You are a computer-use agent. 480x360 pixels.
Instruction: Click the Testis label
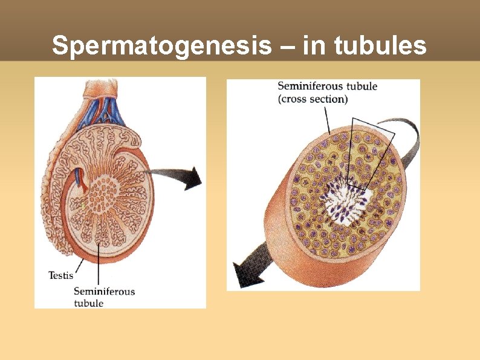pos(60,276)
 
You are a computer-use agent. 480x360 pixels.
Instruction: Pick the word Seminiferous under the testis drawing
pos(104,292)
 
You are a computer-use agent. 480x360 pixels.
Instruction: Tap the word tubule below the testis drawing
pos(88,303)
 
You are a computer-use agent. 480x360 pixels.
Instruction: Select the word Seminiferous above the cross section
pos(310,87)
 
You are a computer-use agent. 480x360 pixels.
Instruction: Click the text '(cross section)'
pos(313,99)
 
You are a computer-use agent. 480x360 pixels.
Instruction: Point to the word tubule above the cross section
pos(362,87)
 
